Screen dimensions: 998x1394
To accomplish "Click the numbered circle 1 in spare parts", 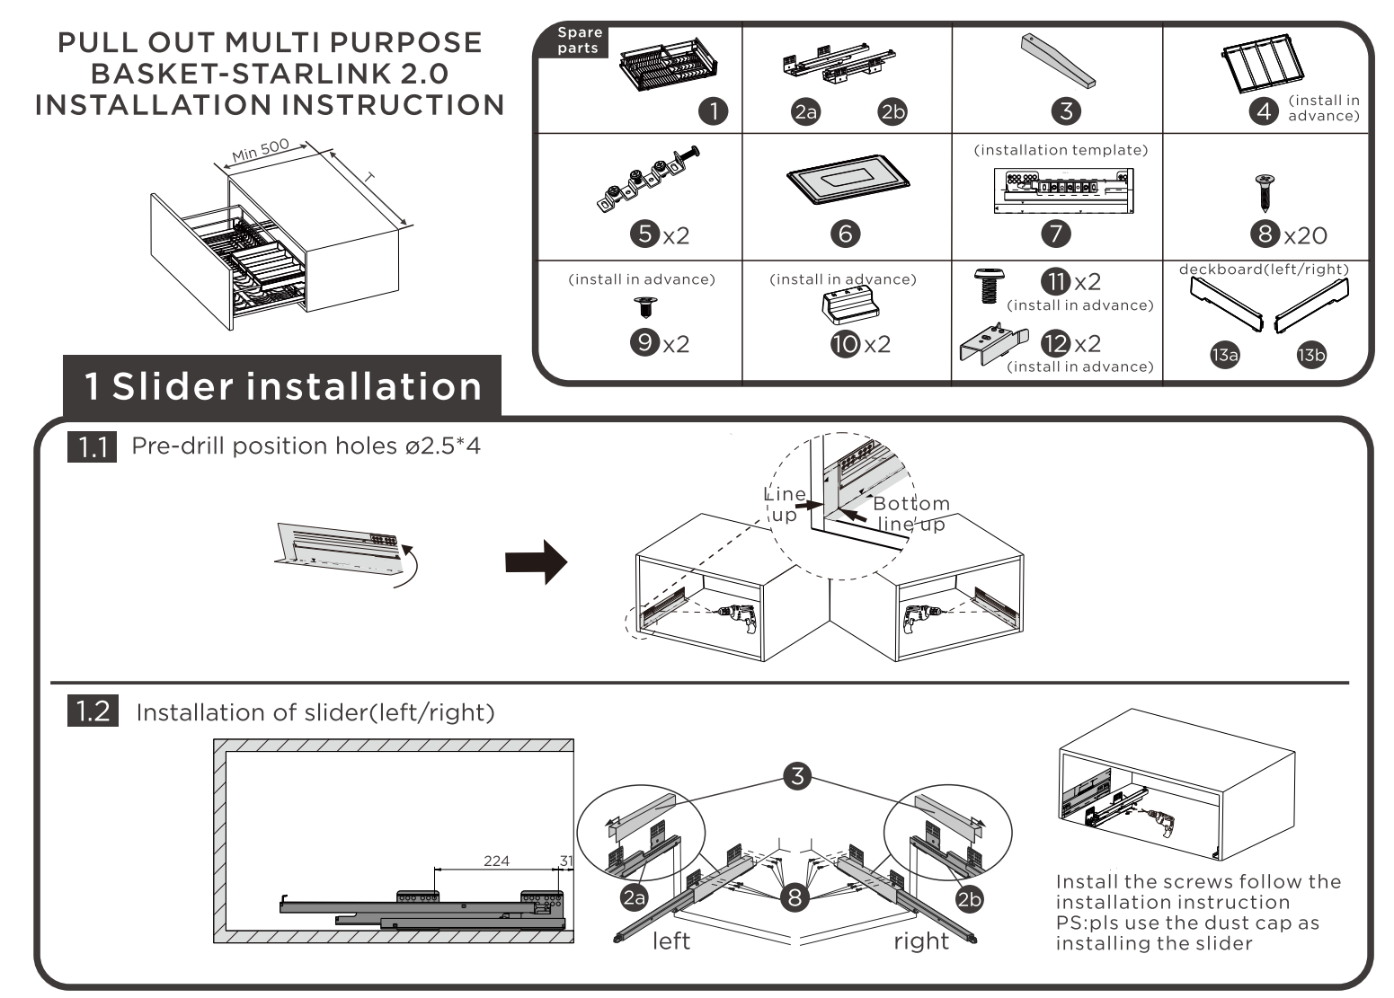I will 714,111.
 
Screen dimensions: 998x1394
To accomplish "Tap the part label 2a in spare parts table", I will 805,111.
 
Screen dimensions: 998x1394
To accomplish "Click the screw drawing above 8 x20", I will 1263,191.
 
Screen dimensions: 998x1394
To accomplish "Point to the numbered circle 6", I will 845,234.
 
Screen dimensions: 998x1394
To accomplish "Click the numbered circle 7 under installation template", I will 1056,234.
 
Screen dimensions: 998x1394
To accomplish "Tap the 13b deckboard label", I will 1310,355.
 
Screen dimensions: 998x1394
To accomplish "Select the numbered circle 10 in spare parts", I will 845,343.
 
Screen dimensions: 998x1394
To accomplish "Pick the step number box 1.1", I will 92,446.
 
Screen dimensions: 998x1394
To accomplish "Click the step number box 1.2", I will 93,712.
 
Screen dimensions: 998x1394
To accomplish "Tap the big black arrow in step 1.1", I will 536,563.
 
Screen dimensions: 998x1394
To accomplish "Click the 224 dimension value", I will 496,861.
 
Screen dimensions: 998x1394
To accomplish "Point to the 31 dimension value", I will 565,861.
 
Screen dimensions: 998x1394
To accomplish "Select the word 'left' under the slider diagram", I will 670,941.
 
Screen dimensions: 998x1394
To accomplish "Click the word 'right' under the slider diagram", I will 920,941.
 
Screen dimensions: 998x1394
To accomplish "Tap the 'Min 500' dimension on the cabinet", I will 260,150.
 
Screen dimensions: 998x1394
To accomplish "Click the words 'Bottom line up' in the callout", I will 910,513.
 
